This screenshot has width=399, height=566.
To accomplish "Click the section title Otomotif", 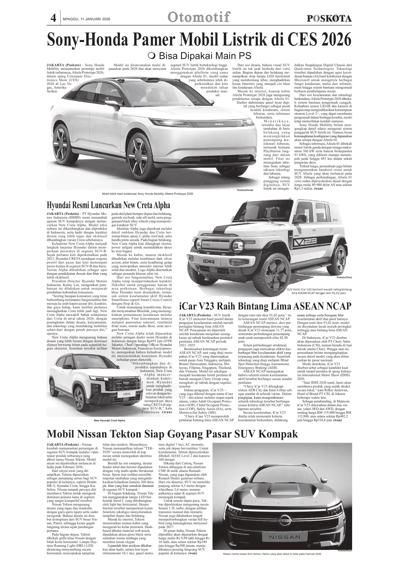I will pyautogui.click(x=199, y=17).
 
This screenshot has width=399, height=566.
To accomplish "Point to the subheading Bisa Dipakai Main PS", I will pyautogui.click(x=200, y=55).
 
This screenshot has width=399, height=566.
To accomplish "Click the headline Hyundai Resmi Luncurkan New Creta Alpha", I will pyautogui.click(x=108, y=205).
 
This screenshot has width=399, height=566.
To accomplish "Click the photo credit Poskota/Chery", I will pyautogui.click(x=344, y=278).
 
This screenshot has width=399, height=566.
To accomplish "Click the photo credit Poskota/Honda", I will pyautogui.click(x=245, y=190).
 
